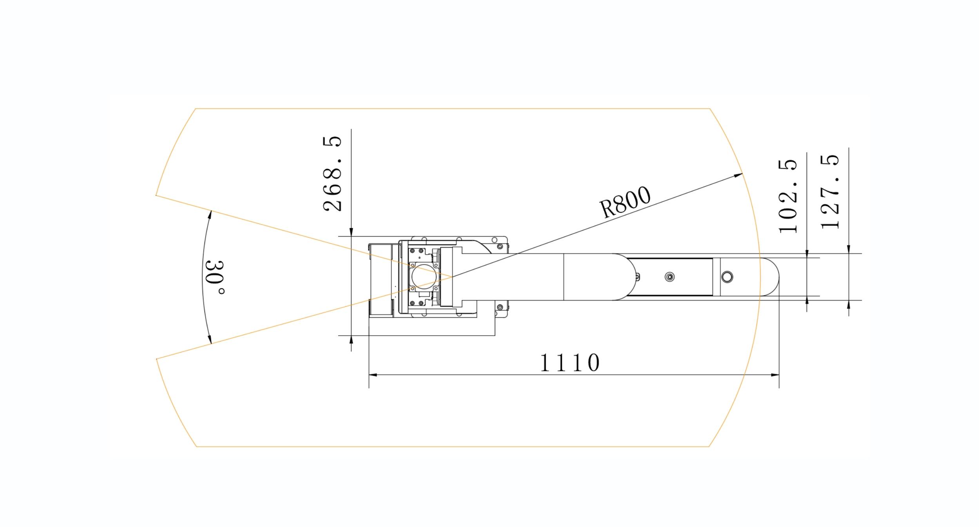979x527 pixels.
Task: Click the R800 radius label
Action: tap(625, 202)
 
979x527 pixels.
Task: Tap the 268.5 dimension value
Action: tap(332, 174)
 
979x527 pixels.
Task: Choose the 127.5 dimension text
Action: tap(830, 192)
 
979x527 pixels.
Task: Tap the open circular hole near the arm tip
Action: tap(727, 277)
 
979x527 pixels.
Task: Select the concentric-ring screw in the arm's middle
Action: tap(670, 277)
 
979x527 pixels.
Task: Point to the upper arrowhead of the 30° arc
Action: tap(210, 215)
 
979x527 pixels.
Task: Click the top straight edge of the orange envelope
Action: tap(451, 109)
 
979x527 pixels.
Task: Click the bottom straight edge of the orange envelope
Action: tap(451, 446)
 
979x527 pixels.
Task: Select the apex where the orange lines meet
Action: tap(452, 277)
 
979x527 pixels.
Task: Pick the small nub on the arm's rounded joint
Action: tap(637, 277)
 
